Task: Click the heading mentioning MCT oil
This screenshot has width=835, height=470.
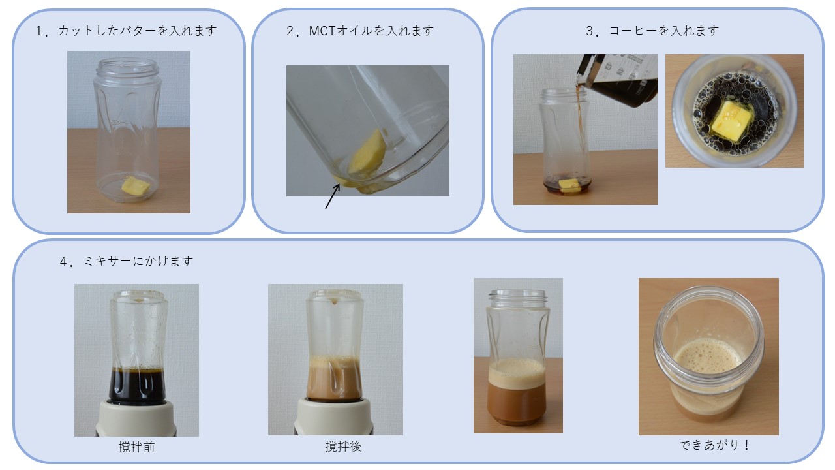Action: point(360,31)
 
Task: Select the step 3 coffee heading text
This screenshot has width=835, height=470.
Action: point(652,31)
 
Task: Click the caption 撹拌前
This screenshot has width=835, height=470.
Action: point(136,447)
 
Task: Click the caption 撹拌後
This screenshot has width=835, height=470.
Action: point(343,447)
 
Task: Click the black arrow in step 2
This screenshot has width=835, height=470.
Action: point(332,196)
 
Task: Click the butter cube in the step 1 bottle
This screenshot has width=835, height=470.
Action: point(136,186)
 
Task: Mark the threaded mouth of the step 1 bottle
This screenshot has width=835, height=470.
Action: point(128,66)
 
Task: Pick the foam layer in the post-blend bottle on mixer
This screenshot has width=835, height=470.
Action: point(335,363)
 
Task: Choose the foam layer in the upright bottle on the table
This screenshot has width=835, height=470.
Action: point(517,372)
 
